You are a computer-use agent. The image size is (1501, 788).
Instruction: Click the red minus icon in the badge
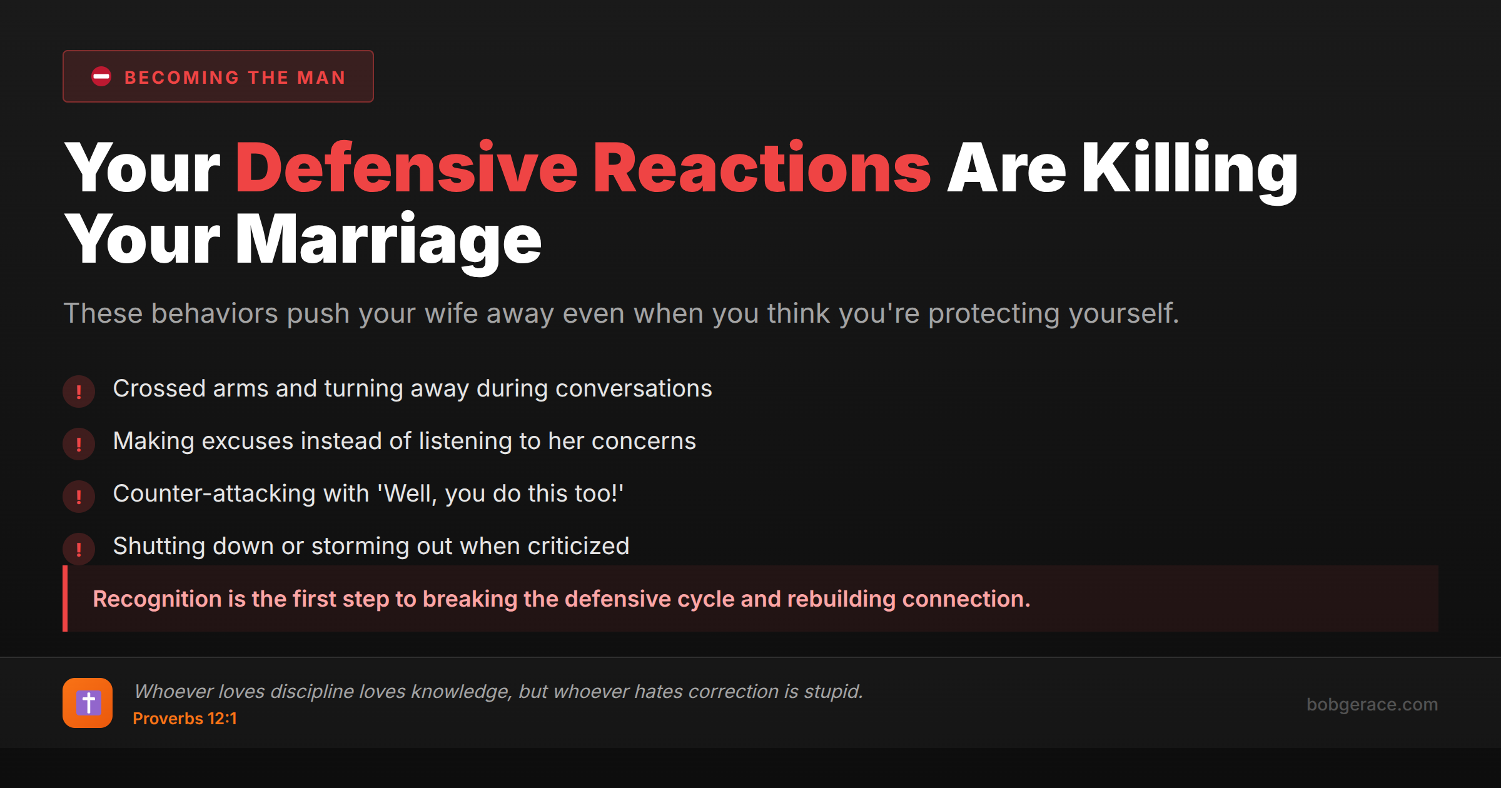(101, 76)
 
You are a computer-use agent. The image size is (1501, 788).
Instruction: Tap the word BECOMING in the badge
(182, 78)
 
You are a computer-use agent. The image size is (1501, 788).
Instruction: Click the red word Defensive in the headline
(407, 168)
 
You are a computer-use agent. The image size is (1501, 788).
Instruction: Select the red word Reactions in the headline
(762, 168)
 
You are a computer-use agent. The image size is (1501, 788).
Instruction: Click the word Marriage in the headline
(388, 240)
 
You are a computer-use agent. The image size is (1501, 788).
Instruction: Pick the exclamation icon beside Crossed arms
(79, 391)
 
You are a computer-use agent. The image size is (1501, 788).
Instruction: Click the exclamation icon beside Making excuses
(79, 444)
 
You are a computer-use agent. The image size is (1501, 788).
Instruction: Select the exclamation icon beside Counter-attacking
(79, 497)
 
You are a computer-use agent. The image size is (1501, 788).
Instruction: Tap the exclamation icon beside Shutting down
(79, 549)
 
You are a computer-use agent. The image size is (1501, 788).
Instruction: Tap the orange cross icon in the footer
(88, 703)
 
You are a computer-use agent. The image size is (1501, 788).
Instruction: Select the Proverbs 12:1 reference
(184, 719)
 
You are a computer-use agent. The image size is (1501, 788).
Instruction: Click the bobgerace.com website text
(1372, 704)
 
